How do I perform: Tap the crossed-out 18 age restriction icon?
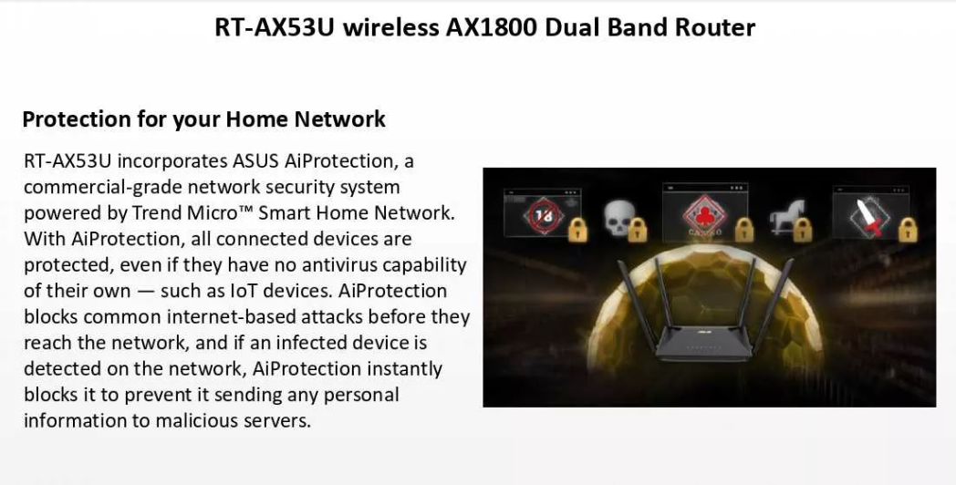544,214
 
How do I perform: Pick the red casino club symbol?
705,214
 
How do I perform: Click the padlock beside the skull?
638,230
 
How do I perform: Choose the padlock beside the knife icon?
908,230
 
